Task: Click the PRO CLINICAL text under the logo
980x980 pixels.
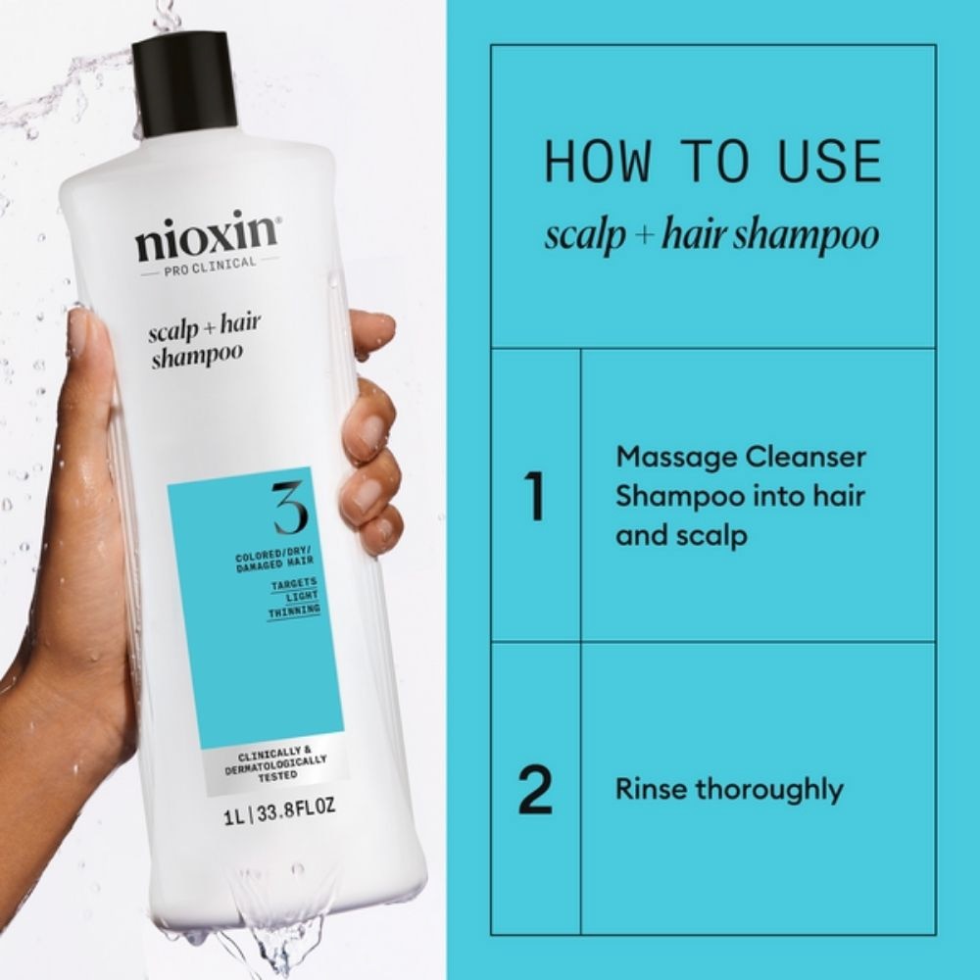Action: tap(209, 263)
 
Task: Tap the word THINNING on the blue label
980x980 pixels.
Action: tap(294, 609)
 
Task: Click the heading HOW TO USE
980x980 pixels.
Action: tap(712, 161)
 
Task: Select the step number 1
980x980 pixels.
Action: tap(535, 497)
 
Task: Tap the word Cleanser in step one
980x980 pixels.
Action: tap(806, 458)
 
